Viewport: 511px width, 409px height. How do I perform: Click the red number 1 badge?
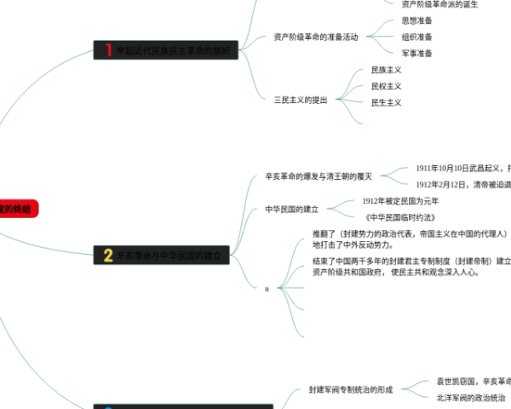108,50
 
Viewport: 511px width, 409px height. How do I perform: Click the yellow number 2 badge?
108,255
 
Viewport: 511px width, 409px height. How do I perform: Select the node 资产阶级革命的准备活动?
316,37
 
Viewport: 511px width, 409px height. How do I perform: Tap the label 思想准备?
416,20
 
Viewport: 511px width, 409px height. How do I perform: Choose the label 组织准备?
416,37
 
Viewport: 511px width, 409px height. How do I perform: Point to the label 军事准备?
416,53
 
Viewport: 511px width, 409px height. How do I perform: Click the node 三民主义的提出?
301,100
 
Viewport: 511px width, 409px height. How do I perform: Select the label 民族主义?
386,70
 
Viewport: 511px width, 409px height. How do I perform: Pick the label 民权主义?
386,86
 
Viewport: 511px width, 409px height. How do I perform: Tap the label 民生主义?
386,102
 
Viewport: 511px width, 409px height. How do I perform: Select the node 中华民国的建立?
291,209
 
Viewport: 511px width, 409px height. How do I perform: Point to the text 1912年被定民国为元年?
400,201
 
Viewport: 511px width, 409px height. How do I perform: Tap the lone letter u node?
267,289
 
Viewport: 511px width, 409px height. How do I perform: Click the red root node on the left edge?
17,208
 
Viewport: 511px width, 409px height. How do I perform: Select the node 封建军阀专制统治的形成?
351,389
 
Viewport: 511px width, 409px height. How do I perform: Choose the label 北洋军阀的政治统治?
470,398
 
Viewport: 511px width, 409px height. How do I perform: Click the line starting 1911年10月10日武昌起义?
463,169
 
